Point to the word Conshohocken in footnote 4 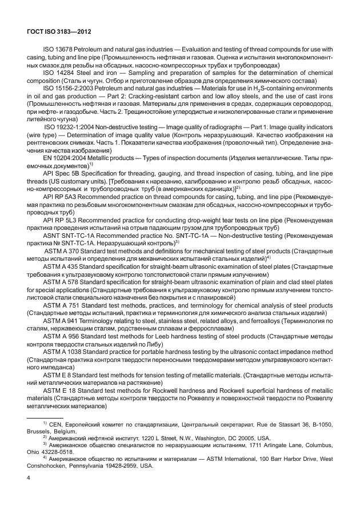coord(50,466)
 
